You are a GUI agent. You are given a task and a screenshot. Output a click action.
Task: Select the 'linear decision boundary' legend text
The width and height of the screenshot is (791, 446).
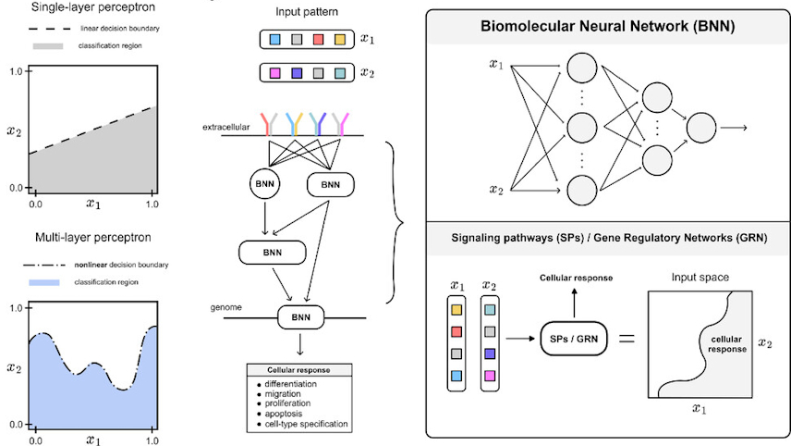point(110,29)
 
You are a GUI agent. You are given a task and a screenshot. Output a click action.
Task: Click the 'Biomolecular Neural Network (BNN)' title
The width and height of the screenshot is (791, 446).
point(608,26)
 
